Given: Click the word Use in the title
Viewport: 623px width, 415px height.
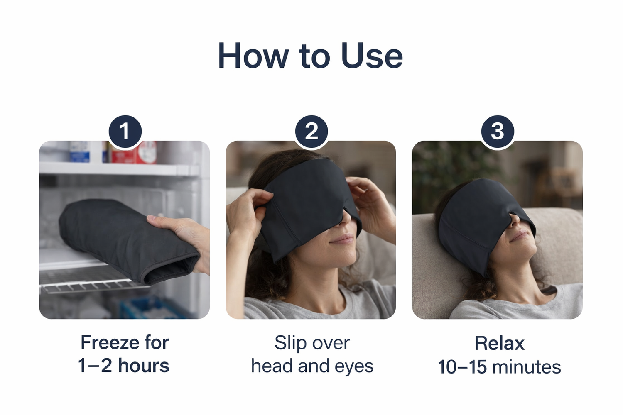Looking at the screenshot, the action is (372, 56).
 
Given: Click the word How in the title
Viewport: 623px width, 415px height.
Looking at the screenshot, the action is (253, 56).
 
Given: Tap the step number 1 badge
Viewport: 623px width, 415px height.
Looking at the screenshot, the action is (125, 132).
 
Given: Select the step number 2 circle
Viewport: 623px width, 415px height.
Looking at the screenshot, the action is (311, 132).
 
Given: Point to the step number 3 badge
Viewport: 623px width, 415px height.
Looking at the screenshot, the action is (498, 132).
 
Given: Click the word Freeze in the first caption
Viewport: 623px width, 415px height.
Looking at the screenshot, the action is (110, 342).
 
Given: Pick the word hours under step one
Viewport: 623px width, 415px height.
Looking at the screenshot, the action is (144, 365).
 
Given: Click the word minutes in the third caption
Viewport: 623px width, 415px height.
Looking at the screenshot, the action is (527, 366).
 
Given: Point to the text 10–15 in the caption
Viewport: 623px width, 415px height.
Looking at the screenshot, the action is (463, 366).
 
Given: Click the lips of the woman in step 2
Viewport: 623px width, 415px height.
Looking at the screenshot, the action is (343, 239).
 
